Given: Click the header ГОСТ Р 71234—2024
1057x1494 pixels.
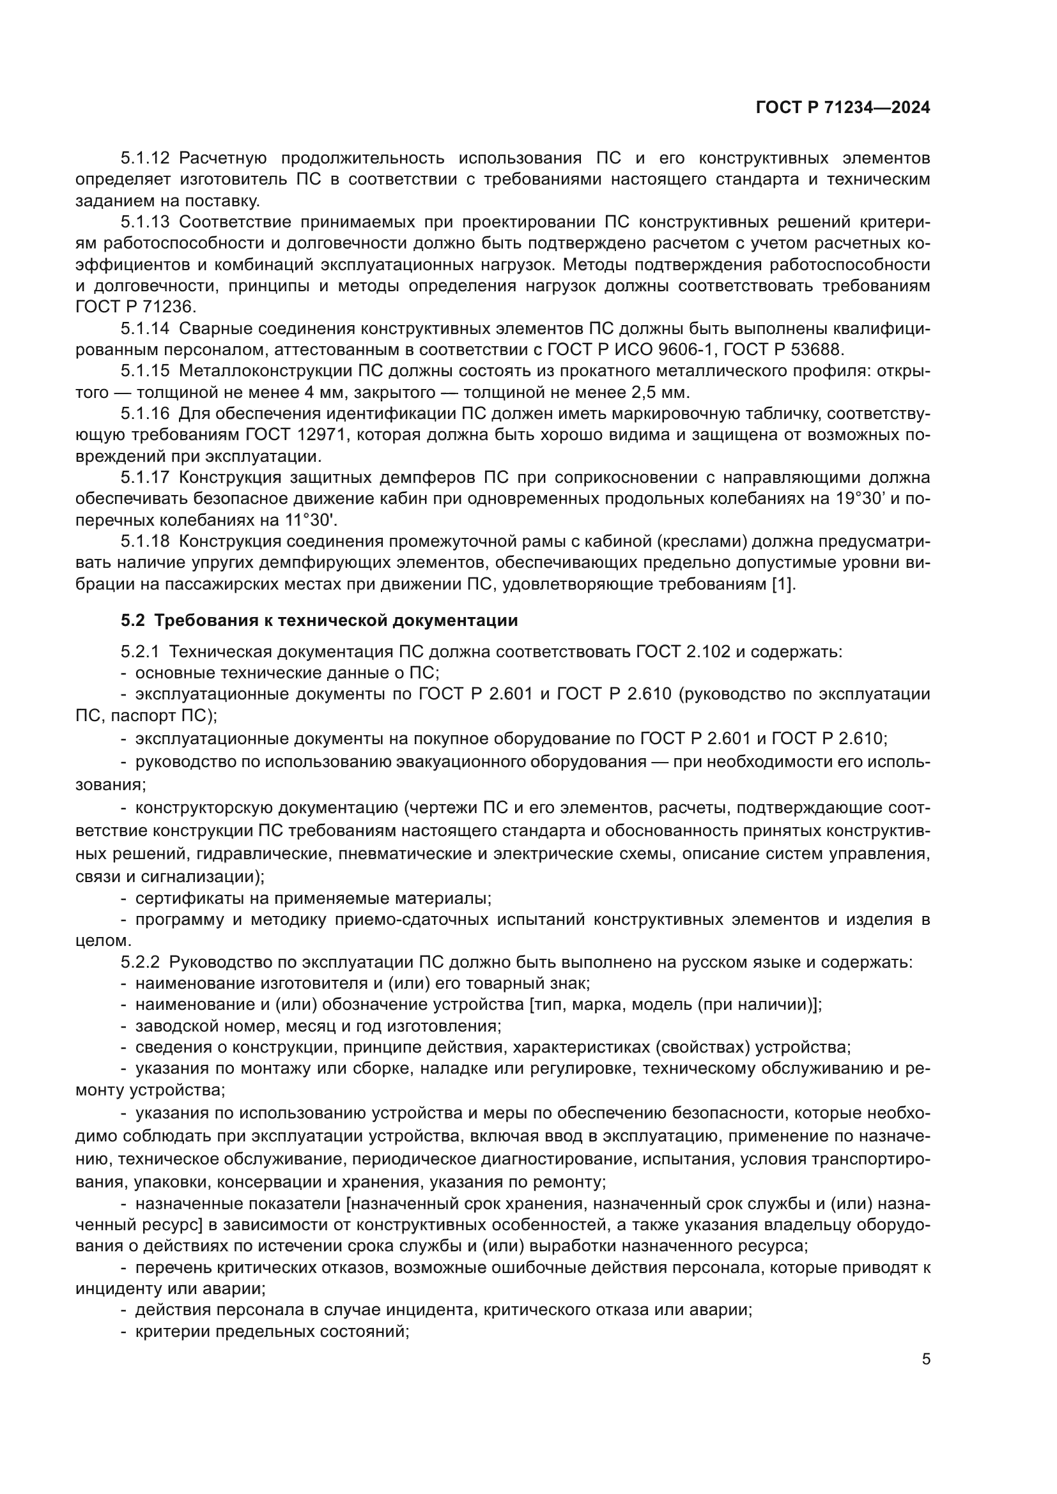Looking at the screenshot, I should (x=843, y=108).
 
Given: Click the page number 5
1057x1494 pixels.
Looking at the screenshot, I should (x=925, y=1359).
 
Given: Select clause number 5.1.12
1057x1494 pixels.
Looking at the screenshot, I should (x=144, y=158).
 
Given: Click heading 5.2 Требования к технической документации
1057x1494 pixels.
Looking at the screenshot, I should (x=319, y=620).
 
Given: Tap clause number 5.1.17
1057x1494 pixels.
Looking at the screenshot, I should (x=144, y=478).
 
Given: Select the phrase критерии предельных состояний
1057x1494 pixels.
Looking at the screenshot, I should (x=272, y=1331).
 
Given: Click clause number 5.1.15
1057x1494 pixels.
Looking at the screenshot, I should (x=144, y=371).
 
